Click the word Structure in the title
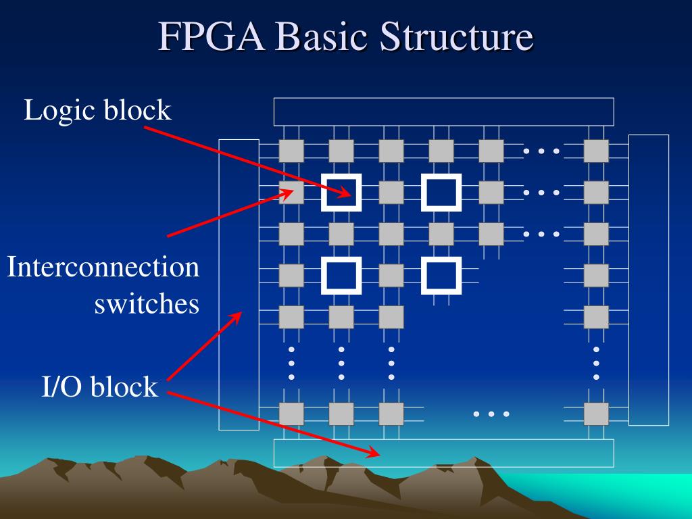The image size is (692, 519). tap(455, 38)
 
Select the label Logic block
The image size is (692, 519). tap(98, 110)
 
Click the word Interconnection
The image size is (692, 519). tap(103, 268)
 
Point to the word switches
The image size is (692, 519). tap(147, 304)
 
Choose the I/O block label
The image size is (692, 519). tap(100, 387)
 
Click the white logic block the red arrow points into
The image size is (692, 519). tap(341, 193)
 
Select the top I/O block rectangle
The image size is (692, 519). tap(443, 112)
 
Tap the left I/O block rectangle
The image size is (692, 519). tap(239, 285)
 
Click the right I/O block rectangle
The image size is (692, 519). tap(649, 280)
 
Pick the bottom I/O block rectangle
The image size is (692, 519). tap(443, 453)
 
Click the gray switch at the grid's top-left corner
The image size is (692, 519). tap(291, 151)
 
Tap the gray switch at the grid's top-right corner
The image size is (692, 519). tap(596, 151)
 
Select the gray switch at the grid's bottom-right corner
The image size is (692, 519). tap(596, 414)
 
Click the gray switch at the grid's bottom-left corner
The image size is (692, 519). tap(291, 414)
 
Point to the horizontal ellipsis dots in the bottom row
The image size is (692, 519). tap(491, 414)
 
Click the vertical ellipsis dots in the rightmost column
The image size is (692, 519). tap(596, 363)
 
